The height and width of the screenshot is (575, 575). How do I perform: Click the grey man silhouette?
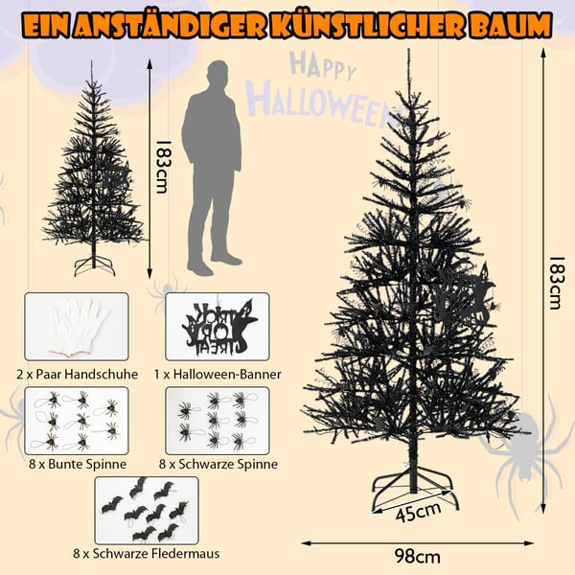(x=212, y=168)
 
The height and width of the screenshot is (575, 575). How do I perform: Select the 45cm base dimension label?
(x=418, y=512)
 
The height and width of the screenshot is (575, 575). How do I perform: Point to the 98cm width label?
(x=418, y=557)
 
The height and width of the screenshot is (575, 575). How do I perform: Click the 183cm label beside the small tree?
(x=163, y=167)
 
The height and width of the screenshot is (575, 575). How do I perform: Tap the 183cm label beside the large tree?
(x=555, y=283)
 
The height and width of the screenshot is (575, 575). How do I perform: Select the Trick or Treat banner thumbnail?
(x=218, y=327)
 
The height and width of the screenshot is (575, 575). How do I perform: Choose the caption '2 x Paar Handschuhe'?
(x=77, y=375)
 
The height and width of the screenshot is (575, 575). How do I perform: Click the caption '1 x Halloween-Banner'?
(x=218, y=375)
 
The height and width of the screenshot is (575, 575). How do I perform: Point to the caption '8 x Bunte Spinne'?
(x=78, y=464)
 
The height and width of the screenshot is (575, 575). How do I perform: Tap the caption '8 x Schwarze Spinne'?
(x=218, y=464)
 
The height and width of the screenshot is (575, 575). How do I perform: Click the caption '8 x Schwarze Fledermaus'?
(x=147, y=553)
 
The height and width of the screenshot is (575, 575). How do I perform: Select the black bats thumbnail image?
(x=147, y=511)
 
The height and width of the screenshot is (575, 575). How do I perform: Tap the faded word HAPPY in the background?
(x=323, y=66)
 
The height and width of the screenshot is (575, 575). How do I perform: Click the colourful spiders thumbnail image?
(x=77, y=421)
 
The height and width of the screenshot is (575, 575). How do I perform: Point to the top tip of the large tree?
(x=408, y=50)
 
